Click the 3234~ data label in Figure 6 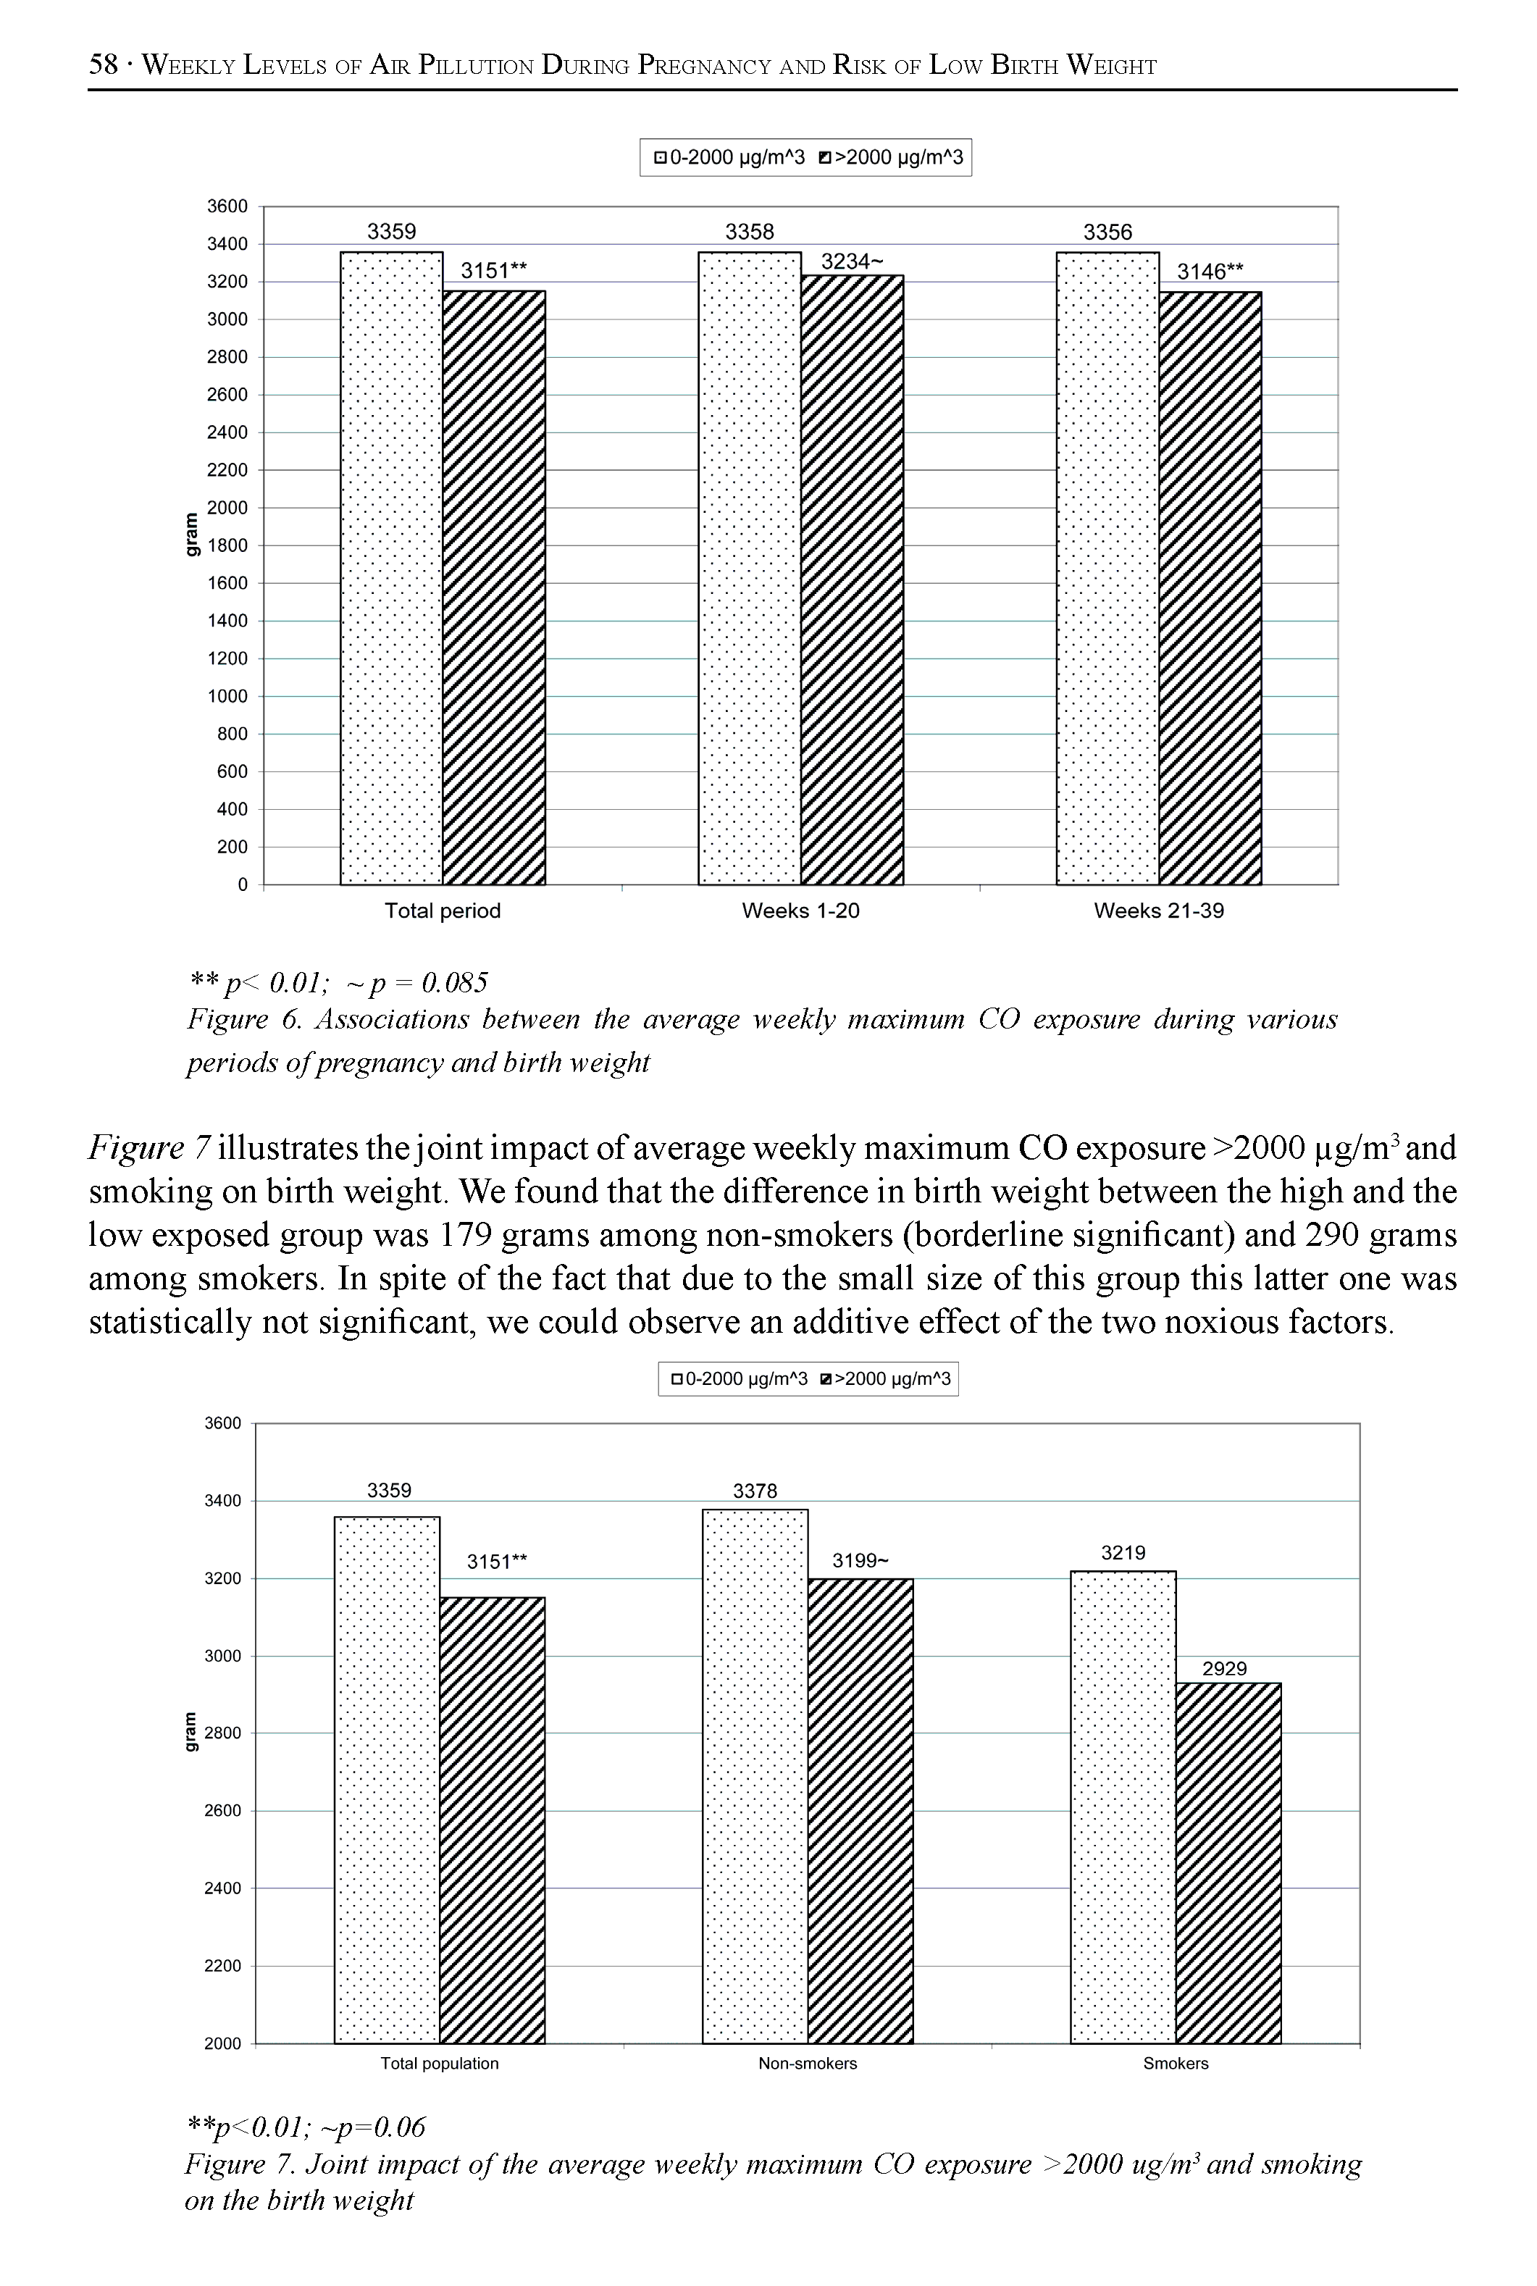click(851, 261)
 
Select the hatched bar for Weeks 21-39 click(1210, 588)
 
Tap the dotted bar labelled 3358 click(750, 569)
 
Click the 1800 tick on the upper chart click(227, 546)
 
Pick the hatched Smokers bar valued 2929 click(1228, 1862)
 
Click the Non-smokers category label click(807, 2064)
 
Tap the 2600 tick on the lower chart click(222, 1811)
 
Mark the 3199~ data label click(860, 1561)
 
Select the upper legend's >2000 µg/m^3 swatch click(824, 158)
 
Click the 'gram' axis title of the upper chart click(191, 535)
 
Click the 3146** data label click(1210, 272)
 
